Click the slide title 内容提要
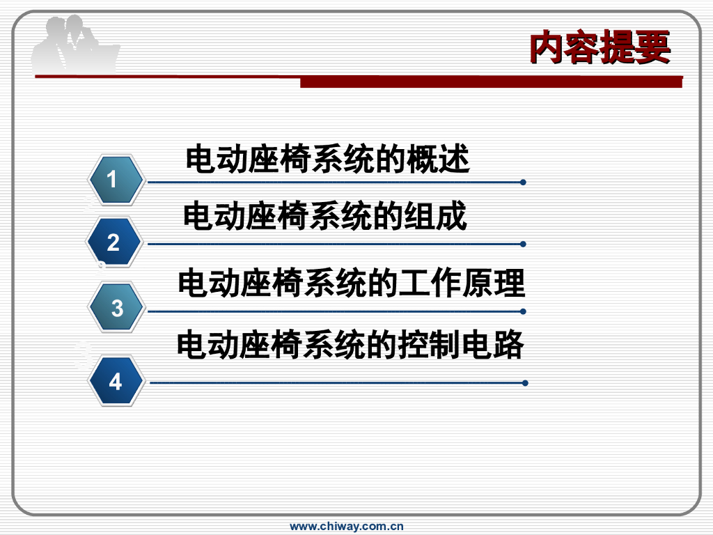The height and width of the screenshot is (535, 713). (600, 47)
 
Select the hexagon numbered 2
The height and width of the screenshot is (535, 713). (114, 243)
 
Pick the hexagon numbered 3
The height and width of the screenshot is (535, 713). (116, 307)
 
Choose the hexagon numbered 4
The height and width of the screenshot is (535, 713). (116, 382)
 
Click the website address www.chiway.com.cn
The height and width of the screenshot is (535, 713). (347, 527)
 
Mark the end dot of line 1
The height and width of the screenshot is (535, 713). (523, 183)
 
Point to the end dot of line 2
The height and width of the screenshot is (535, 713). (523, 245)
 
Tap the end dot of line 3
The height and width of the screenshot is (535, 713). (523, 311)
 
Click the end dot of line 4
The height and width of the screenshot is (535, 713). (524, 382)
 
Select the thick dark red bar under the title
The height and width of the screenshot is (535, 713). (490, 82)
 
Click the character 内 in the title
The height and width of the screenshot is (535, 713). (547, 47)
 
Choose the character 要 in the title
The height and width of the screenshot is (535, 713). (652, 47)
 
